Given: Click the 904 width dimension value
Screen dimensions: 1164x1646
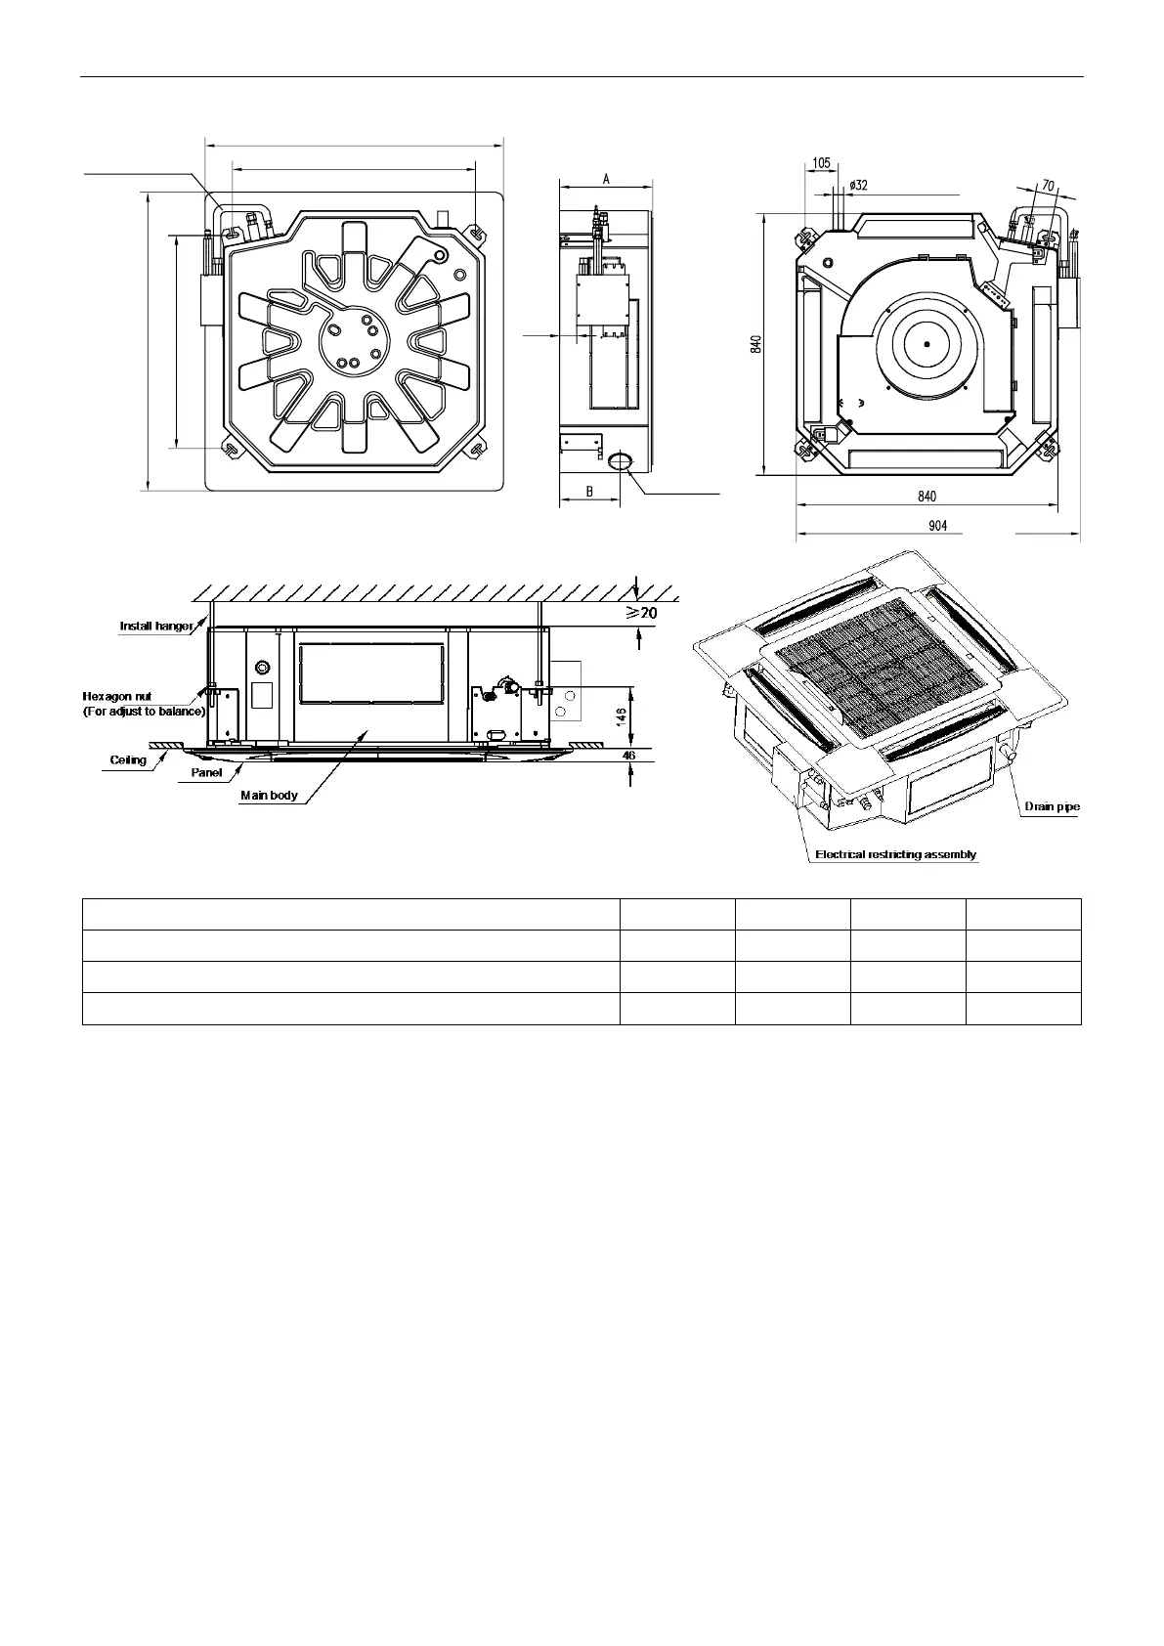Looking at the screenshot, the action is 937,526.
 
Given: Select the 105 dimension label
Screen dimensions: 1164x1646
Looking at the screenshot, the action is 822,163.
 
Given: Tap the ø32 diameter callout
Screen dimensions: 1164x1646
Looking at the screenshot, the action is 858,185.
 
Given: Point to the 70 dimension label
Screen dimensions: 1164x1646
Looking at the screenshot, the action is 1048,186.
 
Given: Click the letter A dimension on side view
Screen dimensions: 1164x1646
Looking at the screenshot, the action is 606,179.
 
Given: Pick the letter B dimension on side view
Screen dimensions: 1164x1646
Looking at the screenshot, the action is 589,492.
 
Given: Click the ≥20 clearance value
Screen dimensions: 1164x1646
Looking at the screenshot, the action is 641,612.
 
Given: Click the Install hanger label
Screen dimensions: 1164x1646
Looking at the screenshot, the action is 156,627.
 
